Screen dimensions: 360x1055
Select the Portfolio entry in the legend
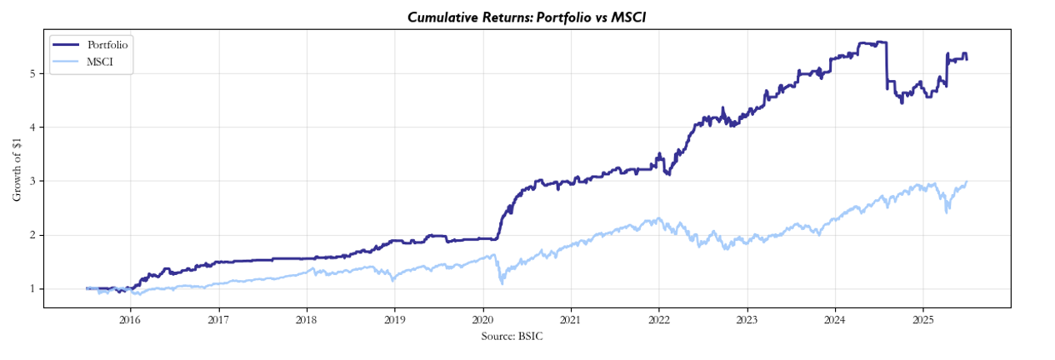107,44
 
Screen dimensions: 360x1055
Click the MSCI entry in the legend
100,62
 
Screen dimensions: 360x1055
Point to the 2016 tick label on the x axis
129,319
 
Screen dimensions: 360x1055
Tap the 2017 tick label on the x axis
217,319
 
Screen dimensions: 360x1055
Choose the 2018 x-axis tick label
306,319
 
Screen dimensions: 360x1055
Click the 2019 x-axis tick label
394,319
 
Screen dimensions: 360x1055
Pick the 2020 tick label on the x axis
482,319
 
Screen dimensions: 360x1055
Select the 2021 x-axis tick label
571,319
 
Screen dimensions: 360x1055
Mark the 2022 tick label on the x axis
658,319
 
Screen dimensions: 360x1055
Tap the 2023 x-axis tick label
747,319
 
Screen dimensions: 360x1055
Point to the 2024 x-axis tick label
835,319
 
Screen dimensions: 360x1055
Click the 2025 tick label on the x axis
923,319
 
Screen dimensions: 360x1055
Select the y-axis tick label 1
32,289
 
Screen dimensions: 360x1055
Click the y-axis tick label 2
32,235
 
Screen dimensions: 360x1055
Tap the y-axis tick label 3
32,181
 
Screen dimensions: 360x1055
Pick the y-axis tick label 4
32,127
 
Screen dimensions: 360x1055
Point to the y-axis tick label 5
32,73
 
